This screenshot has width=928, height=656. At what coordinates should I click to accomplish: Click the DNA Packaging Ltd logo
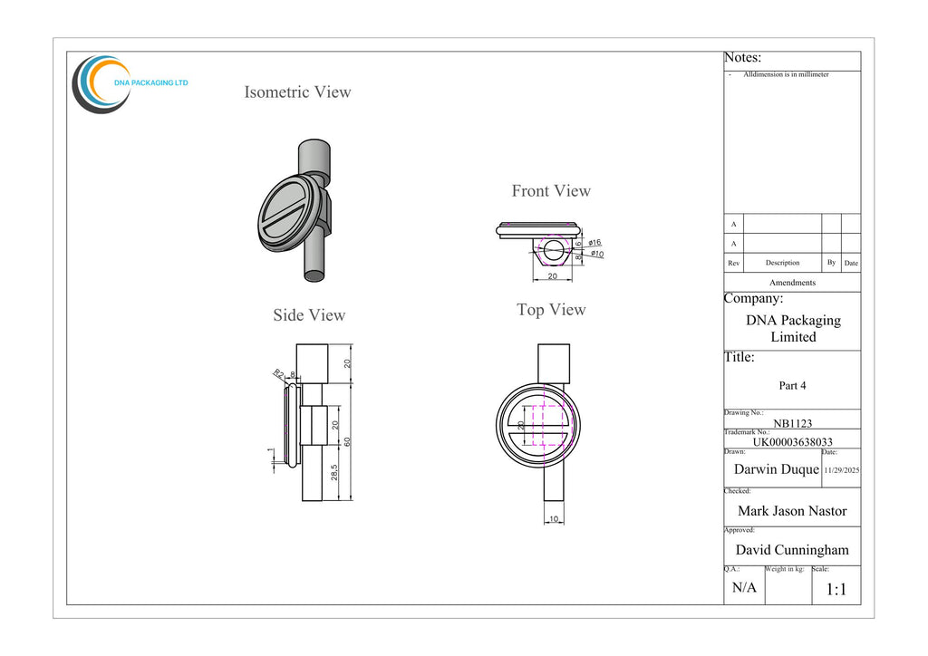[x=130, y=84]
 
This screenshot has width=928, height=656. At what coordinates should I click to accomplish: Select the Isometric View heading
[x=297, y=92]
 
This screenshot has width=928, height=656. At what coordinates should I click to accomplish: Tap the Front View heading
[x=551, y=191]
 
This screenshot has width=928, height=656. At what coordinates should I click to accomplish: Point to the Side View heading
[x=309, y=315]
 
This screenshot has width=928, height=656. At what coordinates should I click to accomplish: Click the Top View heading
[x=551, y=310]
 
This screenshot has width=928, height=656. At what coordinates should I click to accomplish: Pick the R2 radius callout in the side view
[x=279, y=373]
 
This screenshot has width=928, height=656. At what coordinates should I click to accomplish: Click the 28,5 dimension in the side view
[x=334, y=472]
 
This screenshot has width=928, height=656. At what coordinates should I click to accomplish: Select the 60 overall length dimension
[x=347, y=441]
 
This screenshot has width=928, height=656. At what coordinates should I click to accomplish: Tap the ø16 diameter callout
[x=594, y=243]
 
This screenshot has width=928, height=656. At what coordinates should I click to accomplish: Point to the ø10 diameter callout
[x=597, y=254]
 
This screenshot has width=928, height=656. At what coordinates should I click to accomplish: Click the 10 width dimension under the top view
[x=554, y=519]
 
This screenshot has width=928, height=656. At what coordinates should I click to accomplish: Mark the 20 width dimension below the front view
[x=552, y=276]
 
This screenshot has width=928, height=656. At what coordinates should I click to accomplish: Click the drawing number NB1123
[x=792, y=423]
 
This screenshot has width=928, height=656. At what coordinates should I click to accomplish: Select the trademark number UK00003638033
[x=792, y=442]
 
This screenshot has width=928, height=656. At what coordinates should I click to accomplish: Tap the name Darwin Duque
[x=777, y=469]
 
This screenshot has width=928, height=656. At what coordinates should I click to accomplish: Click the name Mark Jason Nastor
[x=792, y=511]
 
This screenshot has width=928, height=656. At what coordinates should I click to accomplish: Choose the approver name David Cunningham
[x=792, y=550]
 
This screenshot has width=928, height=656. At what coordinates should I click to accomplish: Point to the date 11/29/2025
[x=842, y=470]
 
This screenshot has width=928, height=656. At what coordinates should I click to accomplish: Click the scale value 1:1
[x=836, y=589]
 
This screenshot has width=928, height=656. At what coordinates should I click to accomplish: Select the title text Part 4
[x=792, y=386]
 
